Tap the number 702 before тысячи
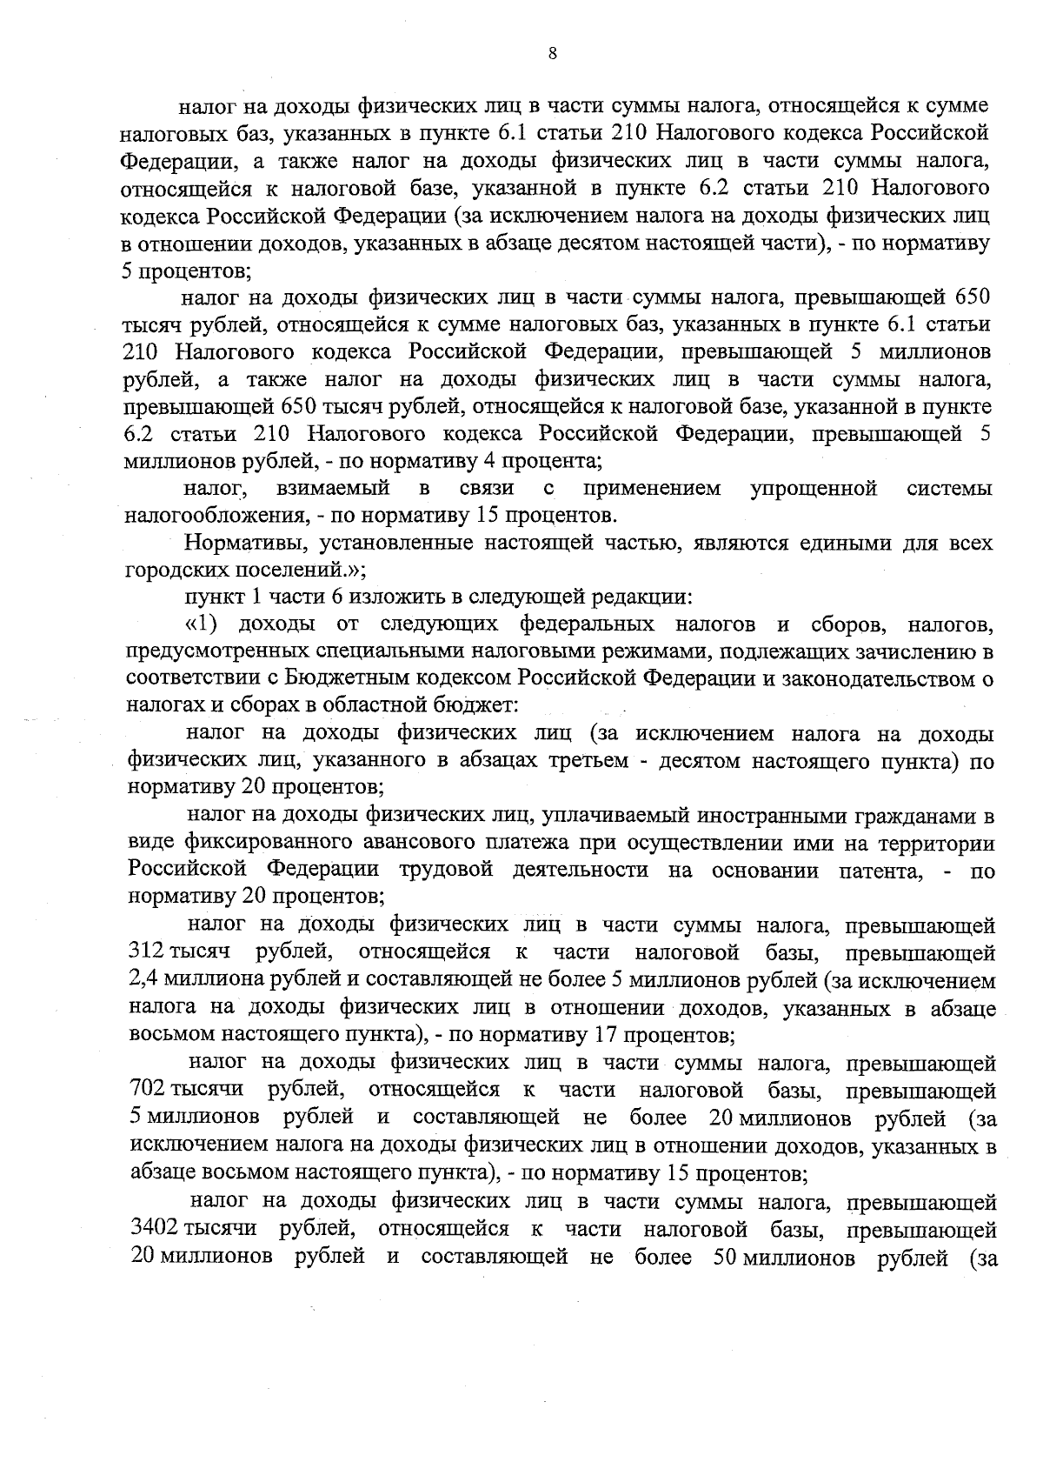146,1089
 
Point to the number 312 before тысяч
144,951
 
